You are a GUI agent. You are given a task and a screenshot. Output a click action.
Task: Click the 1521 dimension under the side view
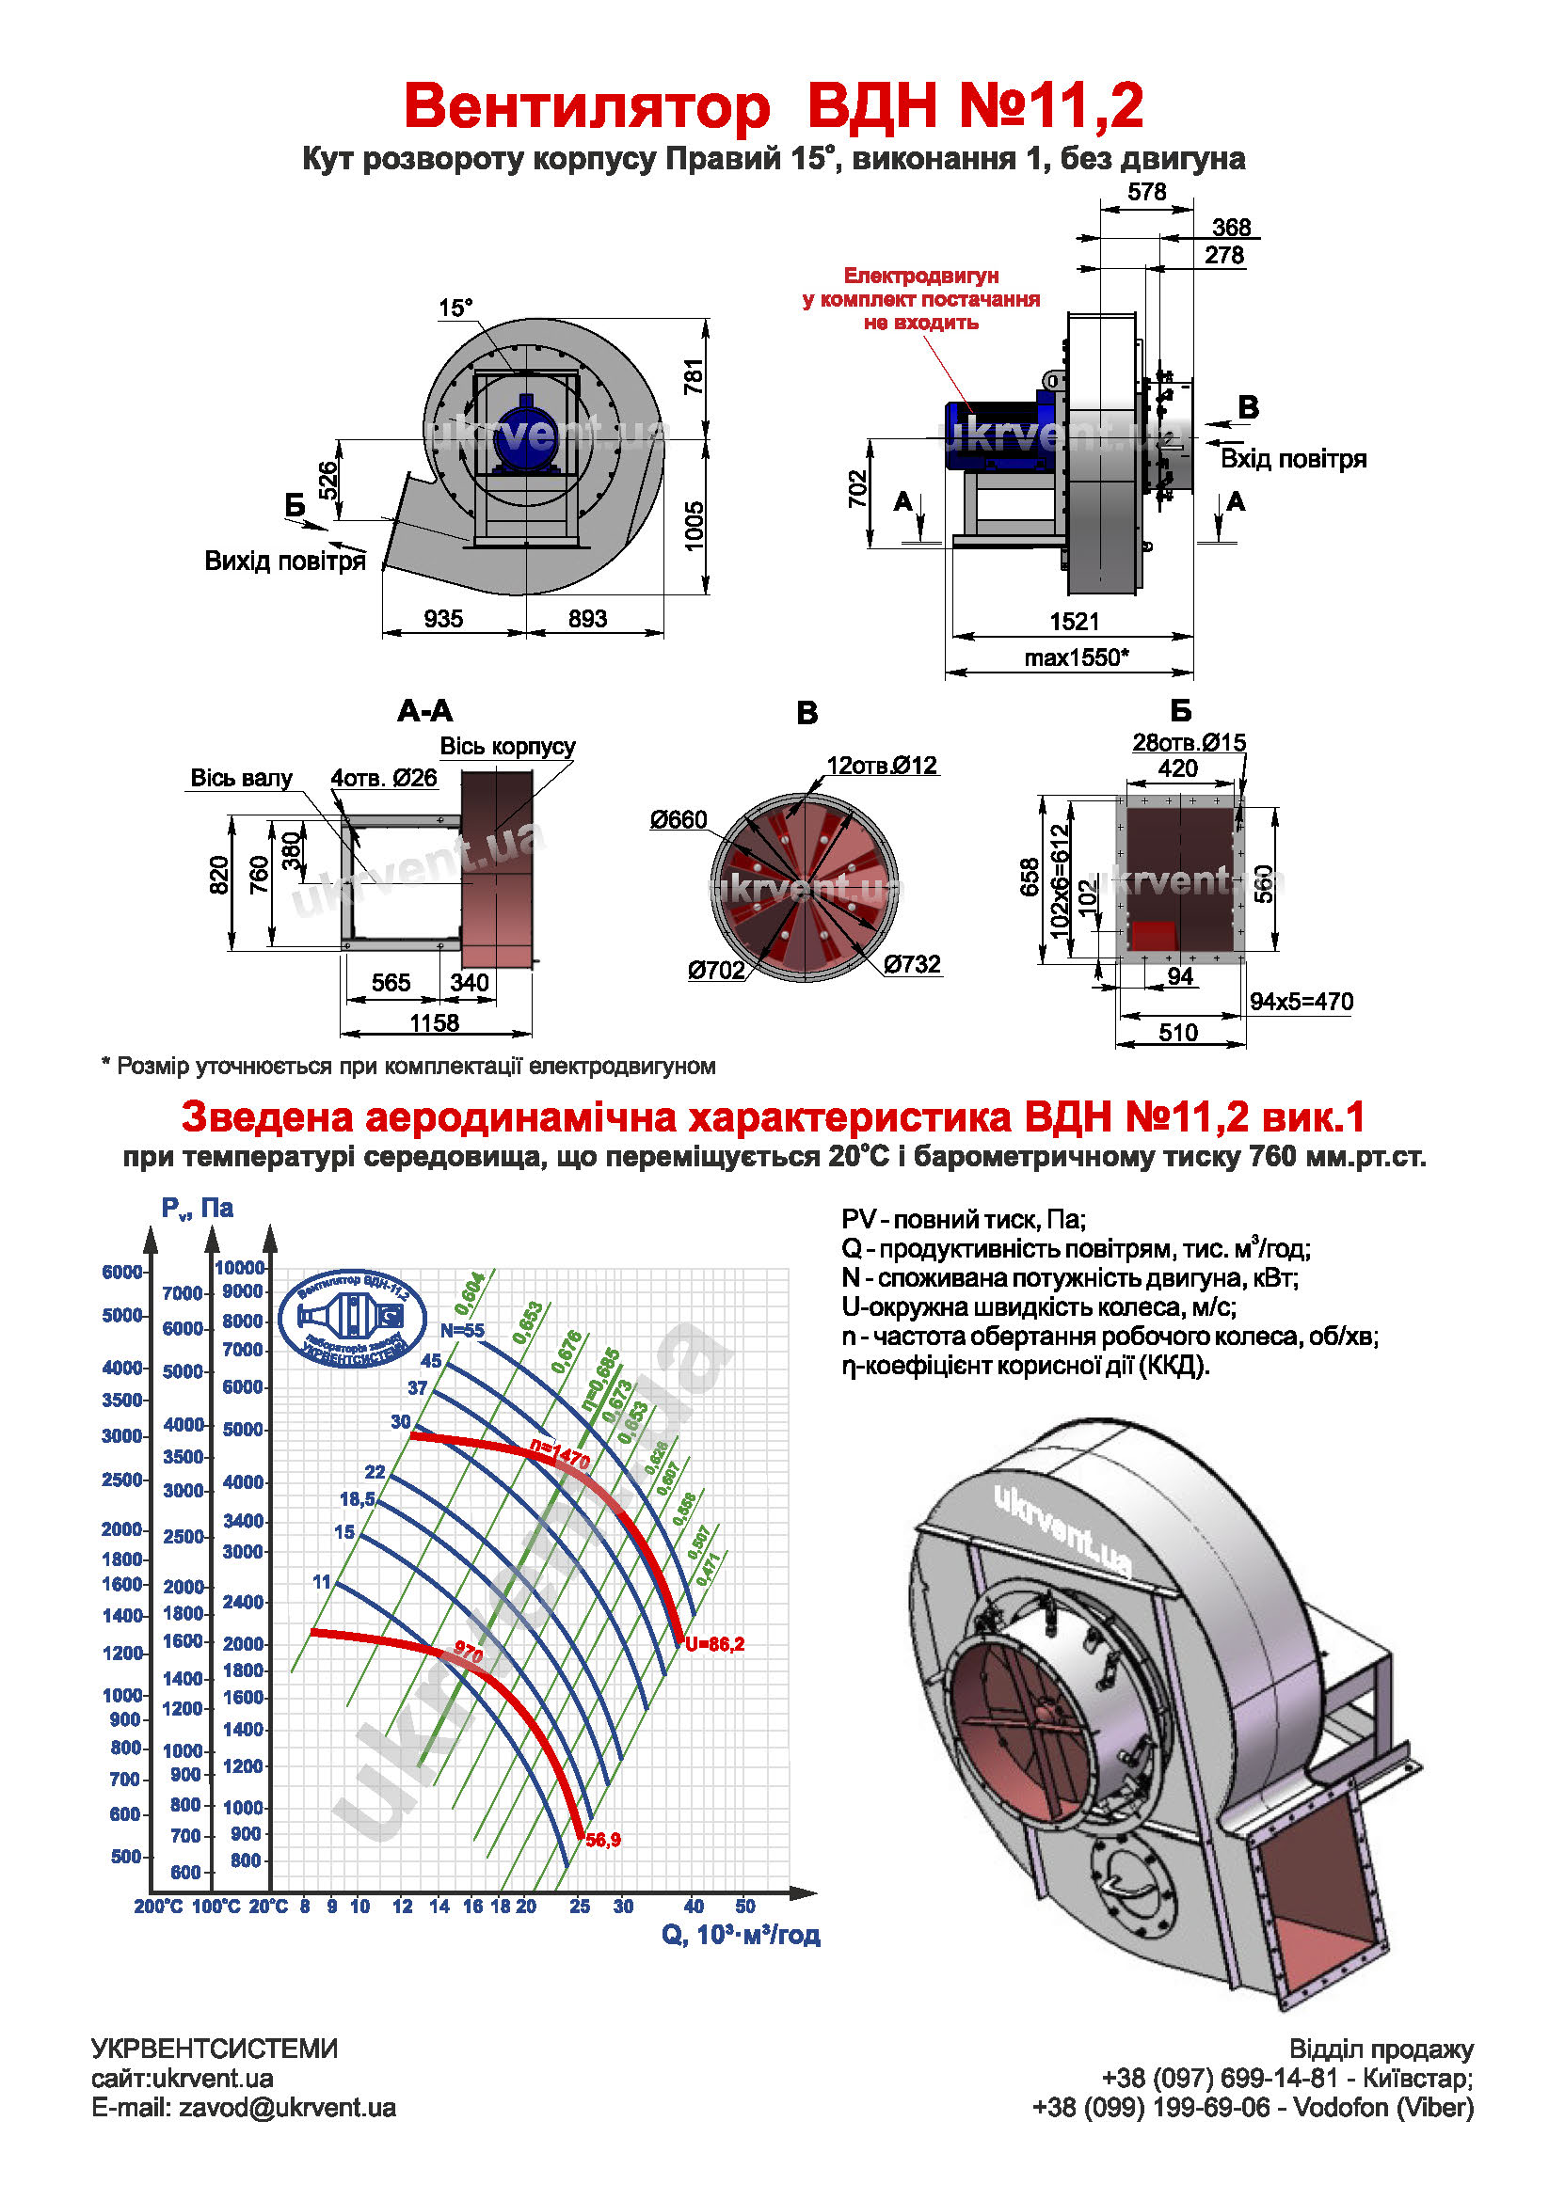coord(1074,621)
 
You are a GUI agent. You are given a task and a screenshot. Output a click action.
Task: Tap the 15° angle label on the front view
coord(455,308)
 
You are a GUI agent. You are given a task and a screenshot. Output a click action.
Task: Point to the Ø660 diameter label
coord(678,819)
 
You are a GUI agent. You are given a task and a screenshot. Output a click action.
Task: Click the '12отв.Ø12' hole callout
coord(881,765)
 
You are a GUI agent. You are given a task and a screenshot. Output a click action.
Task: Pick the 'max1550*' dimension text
coord(1076,657)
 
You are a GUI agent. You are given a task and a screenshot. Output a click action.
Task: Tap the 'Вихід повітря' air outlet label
coord(285,561)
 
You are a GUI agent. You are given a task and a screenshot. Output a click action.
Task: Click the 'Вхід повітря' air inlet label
coord(1292,459)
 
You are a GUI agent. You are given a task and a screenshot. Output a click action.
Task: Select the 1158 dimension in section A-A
coord(434,1022)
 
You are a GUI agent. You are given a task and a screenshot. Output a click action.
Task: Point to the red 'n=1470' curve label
coord(560,1455)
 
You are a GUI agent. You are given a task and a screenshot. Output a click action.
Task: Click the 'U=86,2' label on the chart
coord(714,1644)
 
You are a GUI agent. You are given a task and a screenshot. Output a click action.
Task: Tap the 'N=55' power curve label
coord(462,1330)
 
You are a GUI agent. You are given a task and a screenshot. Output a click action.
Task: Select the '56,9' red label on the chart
coord(603,1840)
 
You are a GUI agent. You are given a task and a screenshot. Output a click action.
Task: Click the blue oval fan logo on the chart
coord(352,1319)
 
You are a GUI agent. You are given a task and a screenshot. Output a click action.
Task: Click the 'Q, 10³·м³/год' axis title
coord(740,1935)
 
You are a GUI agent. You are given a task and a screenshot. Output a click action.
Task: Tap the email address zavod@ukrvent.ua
coord(287,2108)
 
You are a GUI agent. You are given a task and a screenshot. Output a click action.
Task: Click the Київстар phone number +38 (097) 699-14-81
coord(1219,2079)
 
